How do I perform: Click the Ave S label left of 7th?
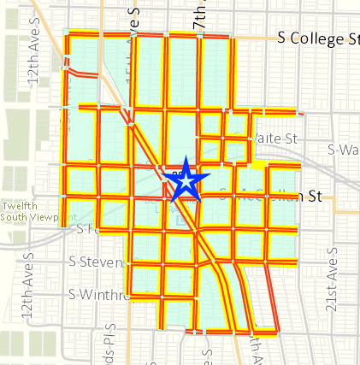pyautogui.click(x=134, y=21)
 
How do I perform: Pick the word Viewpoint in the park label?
pyautogui.click(x=43, y=218)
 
